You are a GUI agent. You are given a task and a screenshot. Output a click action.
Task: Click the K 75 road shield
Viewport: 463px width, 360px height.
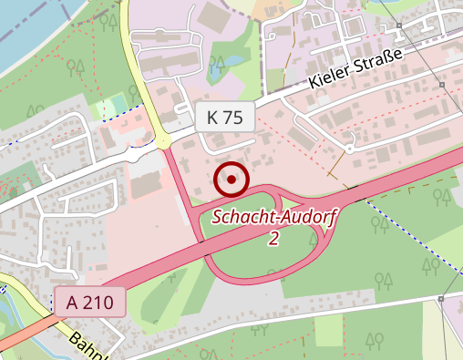[x=224, y=117]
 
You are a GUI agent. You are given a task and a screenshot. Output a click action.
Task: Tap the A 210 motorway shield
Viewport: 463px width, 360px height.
[x=88, y=301]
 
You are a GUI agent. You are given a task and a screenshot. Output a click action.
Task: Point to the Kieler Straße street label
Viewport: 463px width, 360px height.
[x=367, y=68]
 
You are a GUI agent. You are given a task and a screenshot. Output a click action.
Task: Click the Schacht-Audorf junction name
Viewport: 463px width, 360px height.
[x=273, y=218]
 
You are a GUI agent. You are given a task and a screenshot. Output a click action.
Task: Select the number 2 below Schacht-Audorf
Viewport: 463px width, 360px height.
[x=273, y=239]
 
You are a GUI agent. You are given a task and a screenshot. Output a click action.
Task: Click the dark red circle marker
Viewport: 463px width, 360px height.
[x=231, y=180]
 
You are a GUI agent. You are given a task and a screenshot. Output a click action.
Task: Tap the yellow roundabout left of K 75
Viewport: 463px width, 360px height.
[x=163, y=141]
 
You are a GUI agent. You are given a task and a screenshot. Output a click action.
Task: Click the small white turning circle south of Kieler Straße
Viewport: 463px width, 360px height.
[x=349, y=149]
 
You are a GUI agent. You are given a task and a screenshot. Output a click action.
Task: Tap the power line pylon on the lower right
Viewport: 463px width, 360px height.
[x=440, y=298]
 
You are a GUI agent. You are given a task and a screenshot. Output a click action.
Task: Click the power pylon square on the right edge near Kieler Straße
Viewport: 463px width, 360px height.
[x=441, y=86]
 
